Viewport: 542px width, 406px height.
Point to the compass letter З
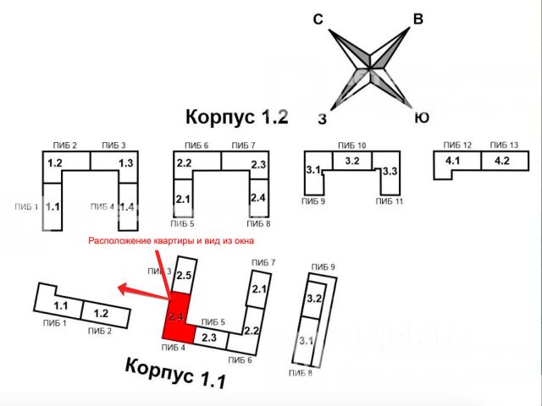pyautogui.click(x=322, y=118)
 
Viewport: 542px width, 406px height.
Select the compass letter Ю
pyautogui.click(x=421, y=118)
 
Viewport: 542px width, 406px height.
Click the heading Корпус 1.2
pyautogui.click(x=237, y=116)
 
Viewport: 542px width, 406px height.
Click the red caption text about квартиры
pyautogui.click(x=171, y=240)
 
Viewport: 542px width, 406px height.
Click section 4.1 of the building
pyautogui.click(x=453, y=160)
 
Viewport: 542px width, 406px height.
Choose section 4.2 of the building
pyautogui.click(x=501, y=160)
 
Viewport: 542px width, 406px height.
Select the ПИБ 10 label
pyautogui.click(x=351, y=145)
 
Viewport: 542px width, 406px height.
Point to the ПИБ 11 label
pyautogui.click(x=390, y=202)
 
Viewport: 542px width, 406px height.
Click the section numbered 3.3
pyautogui.click(x=390, y=172)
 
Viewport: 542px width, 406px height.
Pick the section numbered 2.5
pyautogui.click(x=184, y=275)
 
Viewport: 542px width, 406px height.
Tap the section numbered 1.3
pyautogui.click(x=126, y=163)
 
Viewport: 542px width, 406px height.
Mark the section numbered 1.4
pyautogui.click(x=127, y=206)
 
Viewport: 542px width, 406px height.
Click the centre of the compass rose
pyautogui.click(x=370, y=69)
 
